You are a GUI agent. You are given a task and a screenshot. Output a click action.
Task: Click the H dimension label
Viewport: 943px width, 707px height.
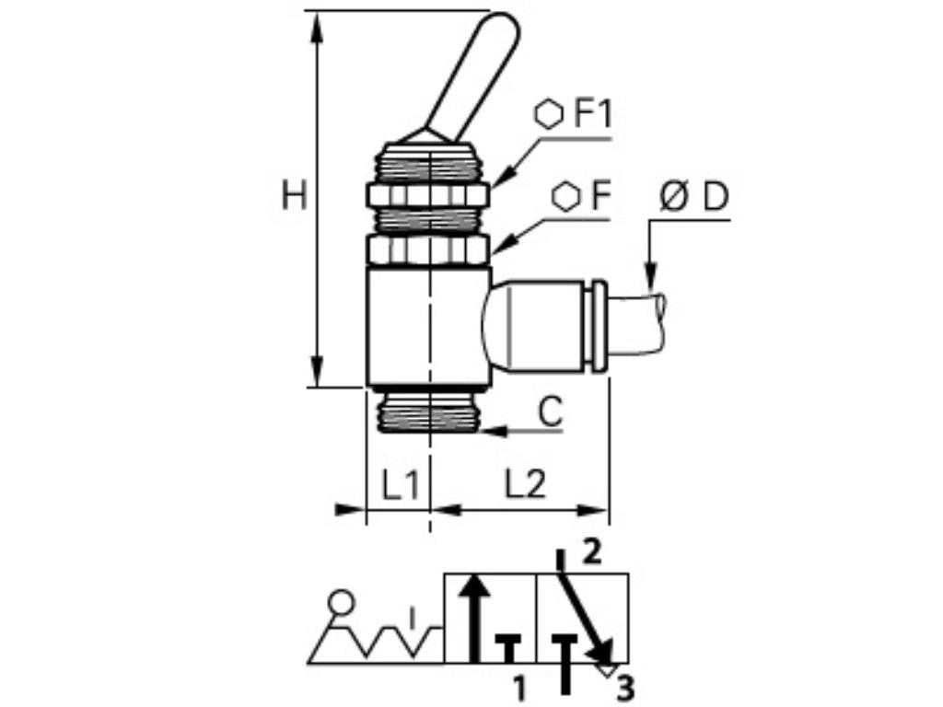click(x=294, y=196)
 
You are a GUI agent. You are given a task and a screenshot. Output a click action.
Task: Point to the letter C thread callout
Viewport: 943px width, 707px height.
click(x=550, y=413)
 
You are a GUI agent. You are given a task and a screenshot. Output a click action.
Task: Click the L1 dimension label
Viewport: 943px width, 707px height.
click(x=400, y=484)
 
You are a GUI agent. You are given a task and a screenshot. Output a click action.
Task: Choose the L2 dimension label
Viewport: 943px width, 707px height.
click(x=525, y=484)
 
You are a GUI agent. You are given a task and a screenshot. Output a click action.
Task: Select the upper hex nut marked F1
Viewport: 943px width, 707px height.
click(x=428, y=195)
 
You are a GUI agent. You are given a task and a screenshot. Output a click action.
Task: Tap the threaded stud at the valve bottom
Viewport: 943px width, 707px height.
click(x=429, y=411)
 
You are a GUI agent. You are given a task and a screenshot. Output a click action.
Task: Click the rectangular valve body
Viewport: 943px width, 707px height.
click(x=428, y=326)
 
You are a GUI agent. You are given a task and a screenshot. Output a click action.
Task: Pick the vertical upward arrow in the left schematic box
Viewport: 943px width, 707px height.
click(x=474, y=617)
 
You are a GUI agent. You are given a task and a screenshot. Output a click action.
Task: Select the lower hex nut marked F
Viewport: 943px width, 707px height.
click(x=428, y=249)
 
